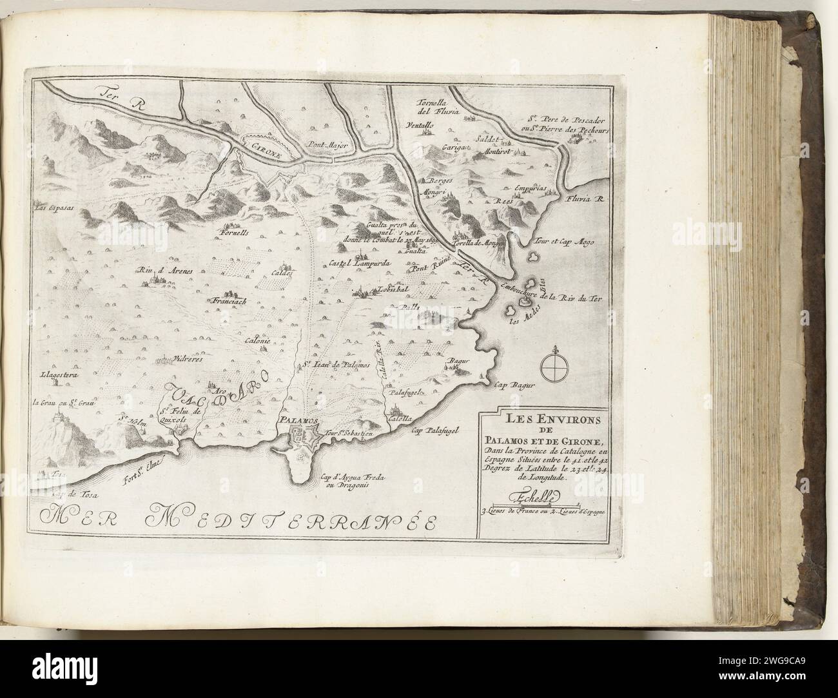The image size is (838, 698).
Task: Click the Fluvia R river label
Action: coord(585,200)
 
